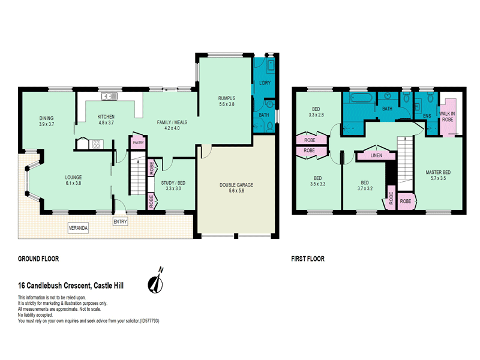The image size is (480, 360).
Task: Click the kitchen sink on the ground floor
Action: pyautogui.click(x=109, y=95)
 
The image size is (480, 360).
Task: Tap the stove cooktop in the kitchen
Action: pyautogui.click(x=95, y=143)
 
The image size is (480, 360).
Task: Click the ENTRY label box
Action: pyautogui.click(x=120, y=221)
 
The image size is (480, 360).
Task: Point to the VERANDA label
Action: pyautogui.click(x=78, y=229)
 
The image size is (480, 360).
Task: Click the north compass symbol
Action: pyautogui.click(x=158, y=281)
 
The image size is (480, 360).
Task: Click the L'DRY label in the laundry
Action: pyautogui.click(x=265, y=82)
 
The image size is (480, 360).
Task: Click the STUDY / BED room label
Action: pyautogui.click(x=173, y=182)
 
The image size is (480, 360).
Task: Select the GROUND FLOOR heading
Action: pyautogui.click(x=38, y=259)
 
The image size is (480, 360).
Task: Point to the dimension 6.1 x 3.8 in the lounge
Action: pyautogui.click(x=73, y=183)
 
